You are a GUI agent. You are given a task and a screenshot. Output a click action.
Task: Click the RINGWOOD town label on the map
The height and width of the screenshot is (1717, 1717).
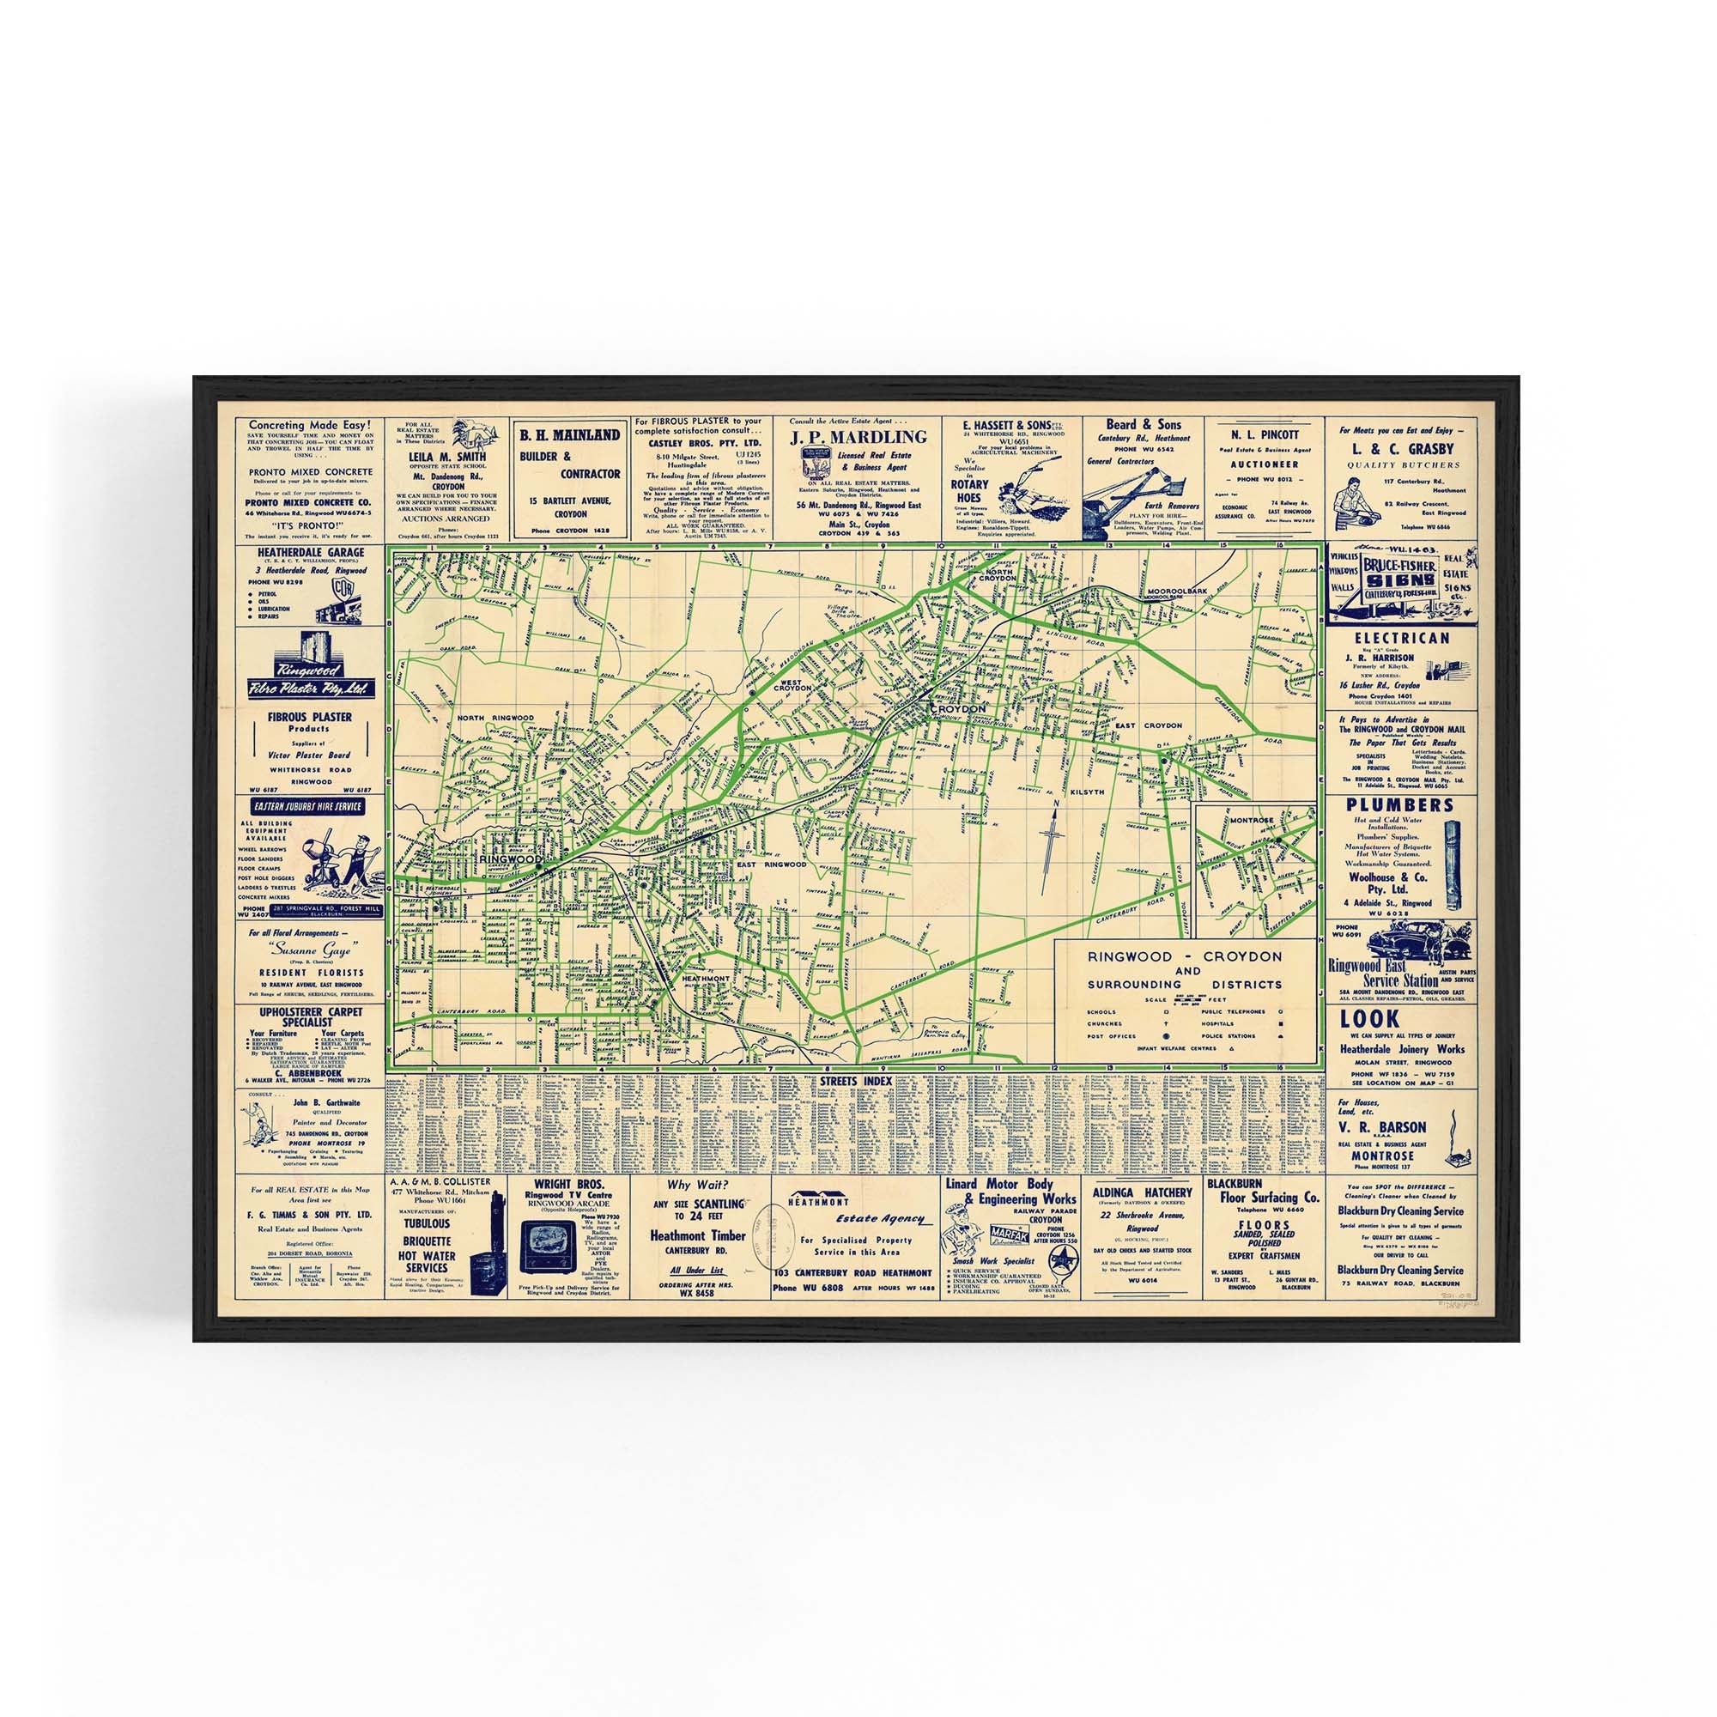pos(510,860)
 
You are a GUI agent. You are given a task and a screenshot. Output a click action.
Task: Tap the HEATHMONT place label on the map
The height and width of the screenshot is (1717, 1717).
pos(705,978)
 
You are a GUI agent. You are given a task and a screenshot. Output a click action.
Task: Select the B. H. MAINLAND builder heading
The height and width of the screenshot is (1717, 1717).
pos(570,435)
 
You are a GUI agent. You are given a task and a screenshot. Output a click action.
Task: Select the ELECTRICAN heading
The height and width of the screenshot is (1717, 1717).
pos(1400,637)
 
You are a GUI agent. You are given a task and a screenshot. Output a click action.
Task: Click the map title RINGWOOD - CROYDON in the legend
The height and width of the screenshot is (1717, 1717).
pos(1186,956)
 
